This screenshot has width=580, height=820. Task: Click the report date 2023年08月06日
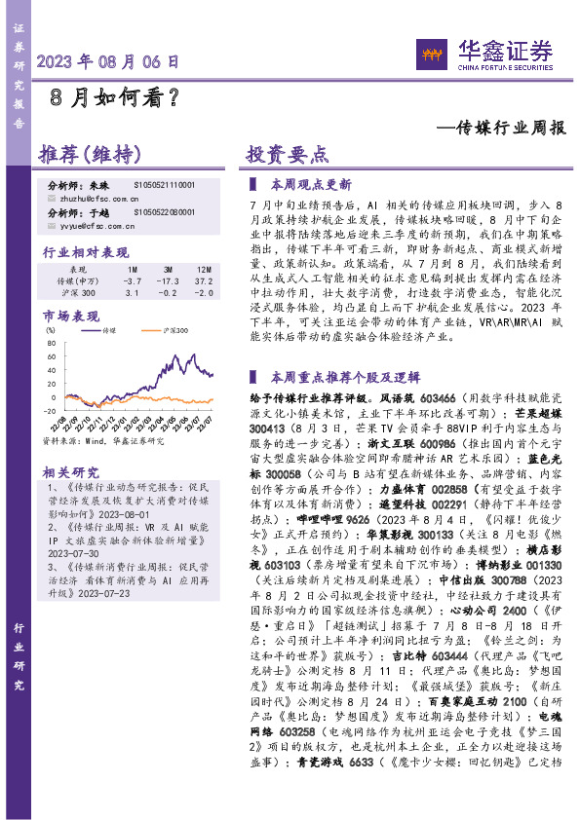click(108, 60)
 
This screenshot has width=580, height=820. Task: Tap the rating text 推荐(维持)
click(89, 155)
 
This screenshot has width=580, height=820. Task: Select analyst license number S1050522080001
click(164, 210)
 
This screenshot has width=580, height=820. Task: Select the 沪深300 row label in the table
click(81, 291)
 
